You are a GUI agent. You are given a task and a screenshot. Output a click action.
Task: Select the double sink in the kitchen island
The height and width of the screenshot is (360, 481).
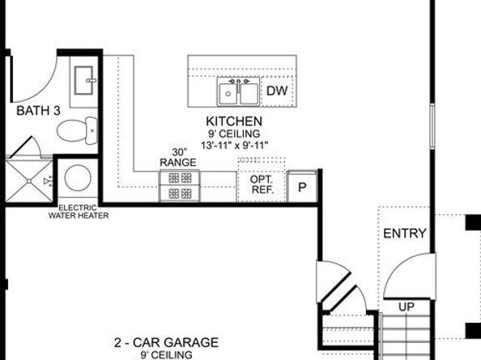coord(237,93)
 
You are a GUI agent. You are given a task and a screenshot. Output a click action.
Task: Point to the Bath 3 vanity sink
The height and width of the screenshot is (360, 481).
coord(85,79)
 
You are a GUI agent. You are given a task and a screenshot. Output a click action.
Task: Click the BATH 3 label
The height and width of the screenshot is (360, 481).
coord(38,110)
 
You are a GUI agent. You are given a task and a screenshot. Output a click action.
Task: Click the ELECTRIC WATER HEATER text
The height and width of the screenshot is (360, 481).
coord(79,211)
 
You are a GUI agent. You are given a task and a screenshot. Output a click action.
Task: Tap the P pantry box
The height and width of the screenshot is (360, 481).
coord(302,187)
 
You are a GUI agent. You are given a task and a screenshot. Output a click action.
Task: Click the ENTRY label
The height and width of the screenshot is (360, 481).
coord(404,234)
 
